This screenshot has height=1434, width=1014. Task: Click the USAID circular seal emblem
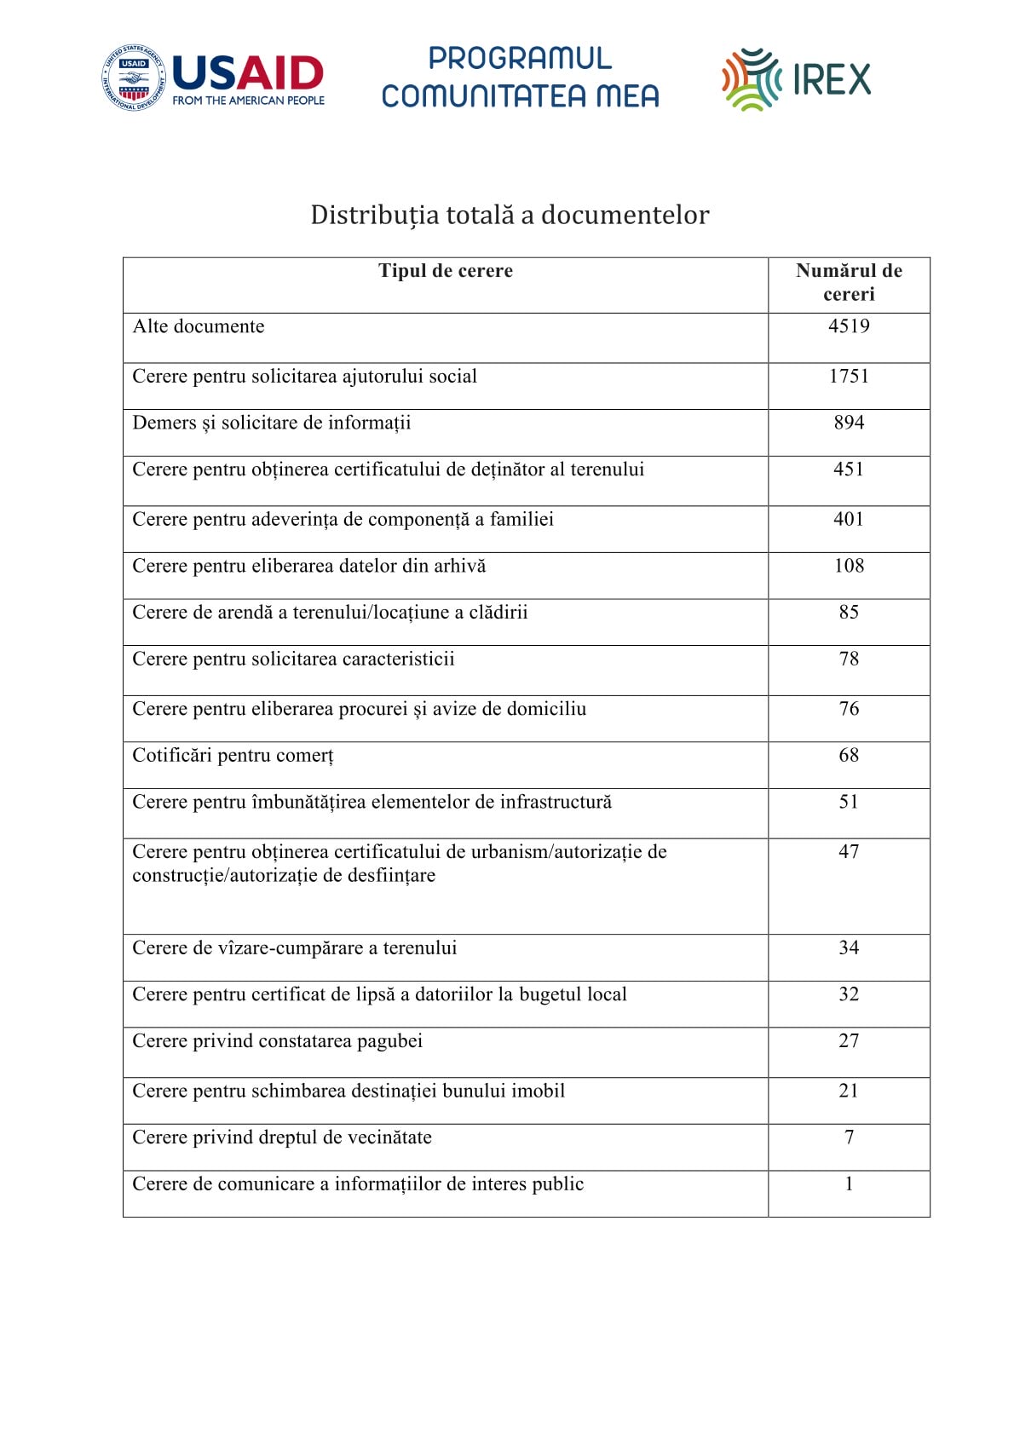tap(134, 78)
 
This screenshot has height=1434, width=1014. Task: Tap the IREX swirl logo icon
tap(751, 80)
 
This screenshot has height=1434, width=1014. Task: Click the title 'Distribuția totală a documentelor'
tap(509, 215)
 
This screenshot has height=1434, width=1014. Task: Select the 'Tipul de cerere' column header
tap(445, 271)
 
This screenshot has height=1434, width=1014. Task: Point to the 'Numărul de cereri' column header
tap(848, 282)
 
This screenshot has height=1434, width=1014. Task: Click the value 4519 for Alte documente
tap(848, 326)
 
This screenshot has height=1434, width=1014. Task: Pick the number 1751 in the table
tap(848, 377)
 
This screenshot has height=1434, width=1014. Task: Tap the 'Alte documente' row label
tap(199, 326)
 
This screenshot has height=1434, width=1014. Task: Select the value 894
tap(848, 423)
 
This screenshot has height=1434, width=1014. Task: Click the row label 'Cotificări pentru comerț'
tap(233, 756)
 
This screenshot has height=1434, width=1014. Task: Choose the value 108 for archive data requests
tap(848, 566)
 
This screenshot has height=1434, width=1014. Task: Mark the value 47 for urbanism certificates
tap(848, 852)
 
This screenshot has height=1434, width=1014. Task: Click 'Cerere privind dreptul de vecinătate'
tap(282, 1137)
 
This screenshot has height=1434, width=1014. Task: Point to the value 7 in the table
tap(848, 1137)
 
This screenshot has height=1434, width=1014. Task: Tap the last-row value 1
tap(848, 1184)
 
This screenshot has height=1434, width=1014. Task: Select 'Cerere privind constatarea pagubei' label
tap(277, 1041)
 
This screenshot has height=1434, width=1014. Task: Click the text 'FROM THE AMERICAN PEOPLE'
tap(248, 101)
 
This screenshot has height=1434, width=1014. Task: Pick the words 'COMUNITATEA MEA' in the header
tap(520, 95)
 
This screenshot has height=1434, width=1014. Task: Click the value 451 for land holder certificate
tap(848, 469)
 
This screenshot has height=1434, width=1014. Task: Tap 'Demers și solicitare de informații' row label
tap(271, 423)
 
